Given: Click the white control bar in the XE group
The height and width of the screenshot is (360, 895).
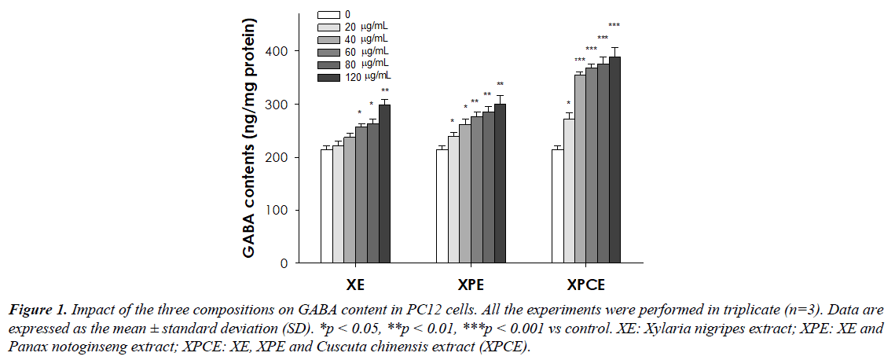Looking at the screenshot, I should [326, 206].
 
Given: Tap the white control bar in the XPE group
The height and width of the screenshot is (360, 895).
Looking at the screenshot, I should [442, 206].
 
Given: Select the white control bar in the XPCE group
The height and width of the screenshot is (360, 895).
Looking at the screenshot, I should [557, 206].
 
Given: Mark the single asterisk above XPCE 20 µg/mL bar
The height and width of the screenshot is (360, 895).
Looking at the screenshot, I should [569, 104].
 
